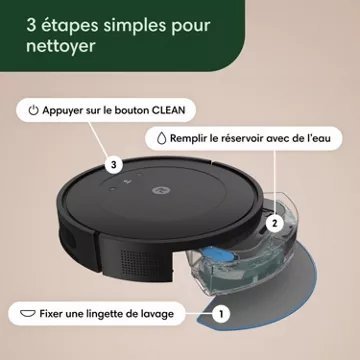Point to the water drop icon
point(161,141)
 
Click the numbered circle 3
point(115,163)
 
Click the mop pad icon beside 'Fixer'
point(26,314)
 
